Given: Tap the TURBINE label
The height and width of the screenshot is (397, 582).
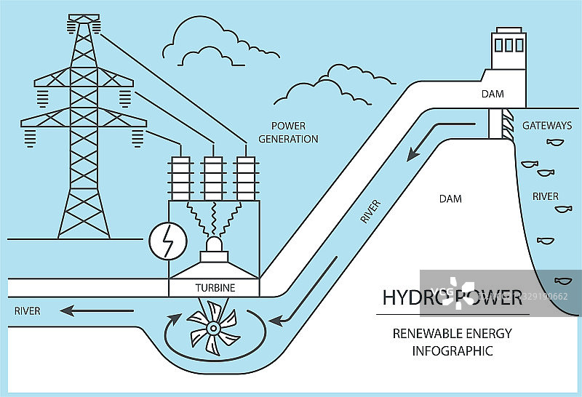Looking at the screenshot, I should tap(215, 288).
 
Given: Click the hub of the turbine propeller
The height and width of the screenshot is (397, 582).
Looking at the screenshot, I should tap(212, 329).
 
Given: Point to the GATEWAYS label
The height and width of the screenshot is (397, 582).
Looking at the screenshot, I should tap(546, 126).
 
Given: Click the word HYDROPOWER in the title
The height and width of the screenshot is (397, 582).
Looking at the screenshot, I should tap(452, 297).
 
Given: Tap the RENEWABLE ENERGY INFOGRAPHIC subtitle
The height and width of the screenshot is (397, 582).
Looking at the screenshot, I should tap(453, 342).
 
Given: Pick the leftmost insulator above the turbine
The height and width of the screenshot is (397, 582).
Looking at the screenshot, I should tap(180, 177).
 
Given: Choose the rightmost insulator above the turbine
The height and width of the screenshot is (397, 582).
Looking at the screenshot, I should tap(245, 177).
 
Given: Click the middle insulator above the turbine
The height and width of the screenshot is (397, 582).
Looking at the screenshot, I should tap(212, 177).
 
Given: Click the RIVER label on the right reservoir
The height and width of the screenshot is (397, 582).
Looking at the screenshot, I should tap(545, 196).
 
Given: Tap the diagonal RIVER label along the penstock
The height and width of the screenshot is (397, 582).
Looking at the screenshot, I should tap(370, 209).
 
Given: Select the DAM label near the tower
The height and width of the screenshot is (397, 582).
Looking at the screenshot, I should tap(492, 94).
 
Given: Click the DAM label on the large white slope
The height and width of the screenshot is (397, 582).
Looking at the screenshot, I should tap(450, 198).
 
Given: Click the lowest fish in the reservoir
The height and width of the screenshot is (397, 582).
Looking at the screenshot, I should tap(562, 280).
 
